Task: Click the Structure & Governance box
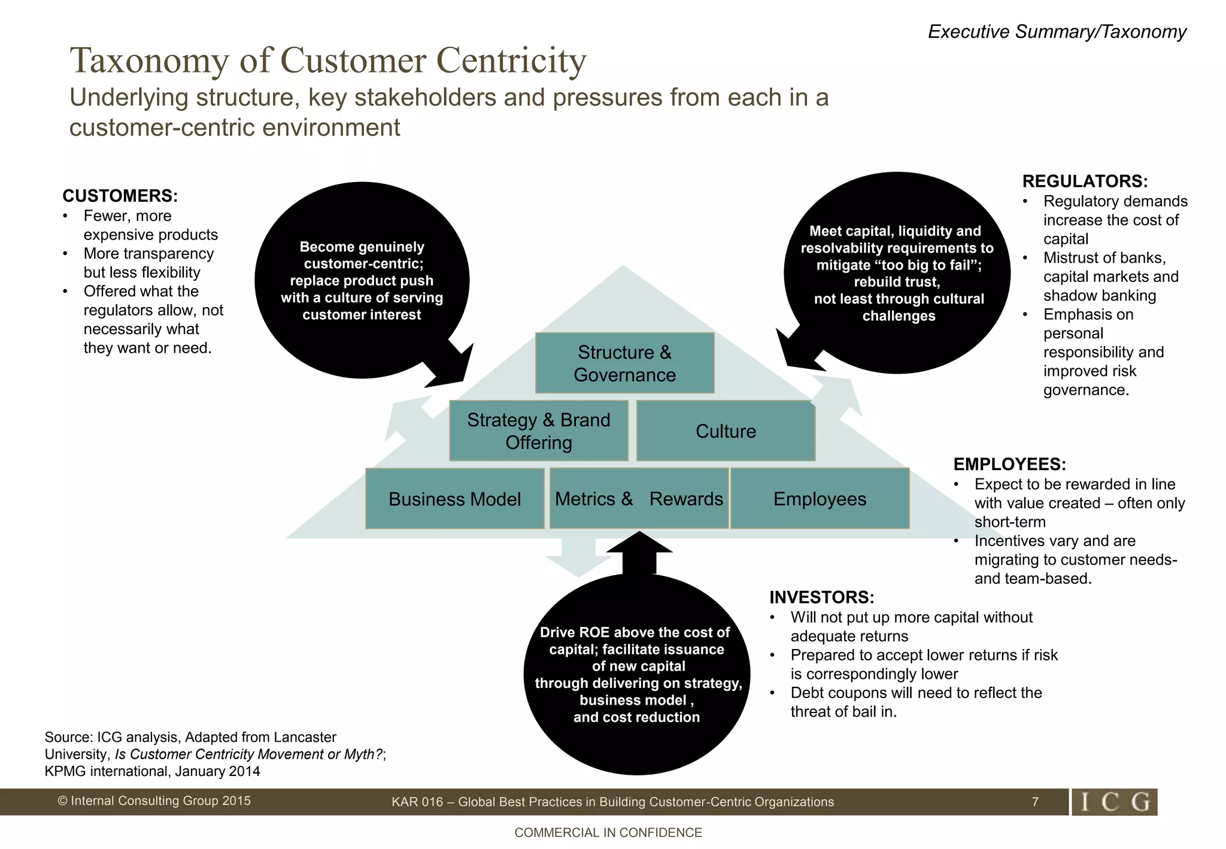coord(624,363)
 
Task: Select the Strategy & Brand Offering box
coord(538,430)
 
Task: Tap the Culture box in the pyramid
coord(726,431)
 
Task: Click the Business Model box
coord(454,499)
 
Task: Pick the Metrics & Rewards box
coord(639,499)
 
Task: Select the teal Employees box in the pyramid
coord(820,499)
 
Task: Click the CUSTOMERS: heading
coord(120,196)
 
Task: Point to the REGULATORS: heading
coord(1085,181)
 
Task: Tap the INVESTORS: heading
coord(821,597)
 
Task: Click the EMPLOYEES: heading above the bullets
coord(1009,464)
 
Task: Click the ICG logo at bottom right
coord(1114,802)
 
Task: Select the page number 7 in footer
coord(1035,802)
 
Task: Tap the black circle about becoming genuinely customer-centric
coord(362,280)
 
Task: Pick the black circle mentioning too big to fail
coord(897,273)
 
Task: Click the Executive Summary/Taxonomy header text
coord(1057,31)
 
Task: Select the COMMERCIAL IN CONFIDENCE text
coord(608,832)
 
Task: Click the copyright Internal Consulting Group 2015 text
coord(154,801)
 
